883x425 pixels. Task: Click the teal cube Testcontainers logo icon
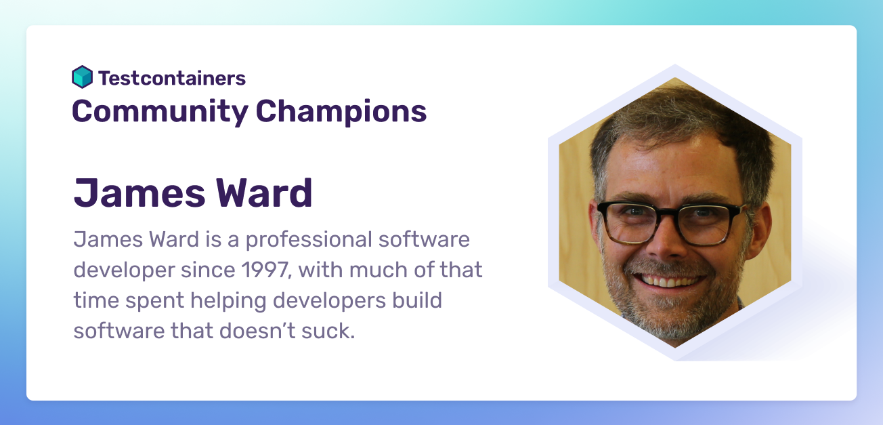(82, 77)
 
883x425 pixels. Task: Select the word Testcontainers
(172, 78)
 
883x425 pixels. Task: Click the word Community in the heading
(160, 112)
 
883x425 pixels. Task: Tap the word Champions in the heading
(341, 112)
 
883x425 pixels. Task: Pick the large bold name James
(139, 193)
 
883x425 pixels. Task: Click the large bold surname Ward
(264, 193)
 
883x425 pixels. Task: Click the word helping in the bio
(228, 301)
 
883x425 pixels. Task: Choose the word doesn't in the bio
(257, 331)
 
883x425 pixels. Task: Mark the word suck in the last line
(328, 331)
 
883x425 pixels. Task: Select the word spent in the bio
(154, 302)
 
